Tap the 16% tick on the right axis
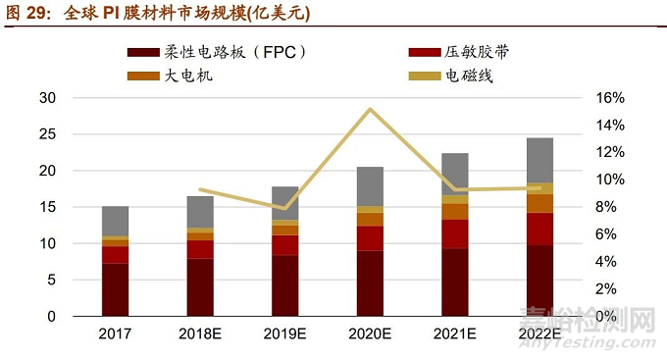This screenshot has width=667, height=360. (x=608, y=98)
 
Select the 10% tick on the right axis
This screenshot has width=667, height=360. (x=608, y=180)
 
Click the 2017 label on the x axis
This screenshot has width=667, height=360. (x=116, y=334)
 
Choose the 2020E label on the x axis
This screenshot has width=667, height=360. (x=370, y=334)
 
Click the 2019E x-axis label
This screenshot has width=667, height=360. (x=285, y=334)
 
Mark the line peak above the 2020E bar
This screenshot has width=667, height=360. (x=370, y=109)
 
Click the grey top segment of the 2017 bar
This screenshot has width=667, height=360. (x=116, y=221)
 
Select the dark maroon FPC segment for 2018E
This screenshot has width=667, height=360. (x=200, y=287)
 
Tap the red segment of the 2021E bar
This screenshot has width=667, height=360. (x=454, y=233)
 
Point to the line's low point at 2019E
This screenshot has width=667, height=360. (x=285, y=208)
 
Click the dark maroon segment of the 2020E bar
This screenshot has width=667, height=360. (x=370, y=283)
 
